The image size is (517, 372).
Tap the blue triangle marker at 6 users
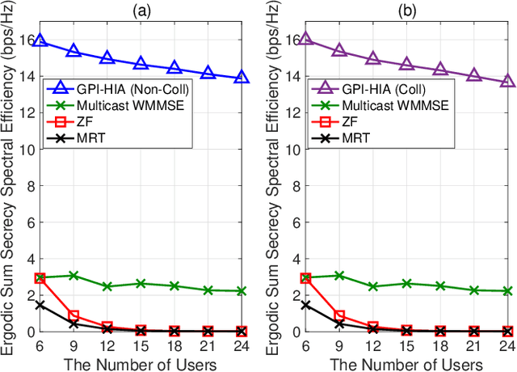tap(40, 40)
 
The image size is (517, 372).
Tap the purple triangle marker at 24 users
tap(506, 81)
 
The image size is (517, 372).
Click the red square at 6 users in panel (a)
tap(40, 277)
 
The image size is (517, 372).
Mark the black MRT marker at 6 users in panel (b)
tap(306, 305)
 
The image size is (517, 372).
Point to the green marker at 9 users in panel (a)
tap(73, 276)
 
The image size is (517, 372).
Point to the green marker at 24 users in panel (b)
tap(506, 290)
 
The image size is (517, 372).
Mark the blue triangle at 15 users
tap(140, 63)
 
